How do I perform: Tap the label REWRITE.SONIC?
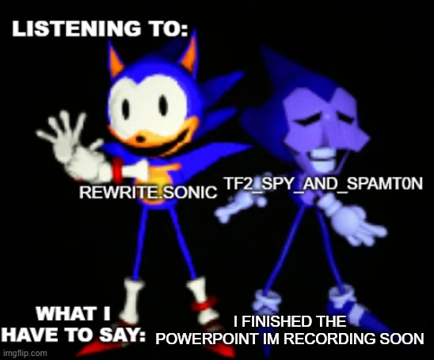pos(149,192)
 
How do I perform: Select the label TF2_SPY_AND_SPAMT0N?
pos(322,183)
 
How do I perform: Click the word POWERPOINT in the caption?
pos(207,338)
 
